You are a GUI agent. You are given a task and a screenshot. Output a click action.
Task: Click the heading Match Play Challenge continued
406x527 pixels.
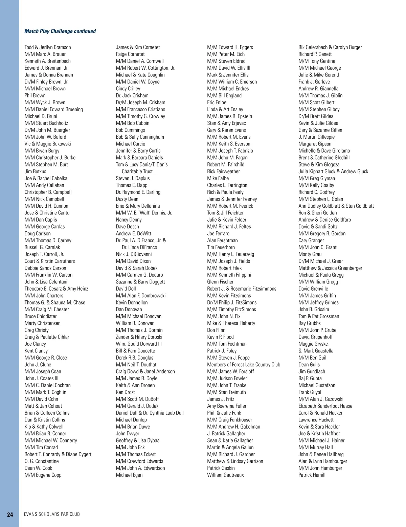(60, 31)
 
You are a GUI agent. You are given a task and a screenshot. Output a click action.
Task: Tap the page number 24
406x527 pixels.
(10, 514)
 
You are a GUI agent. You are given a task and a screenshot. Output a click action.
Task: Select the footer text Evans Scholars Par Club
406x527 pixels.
(52, 514)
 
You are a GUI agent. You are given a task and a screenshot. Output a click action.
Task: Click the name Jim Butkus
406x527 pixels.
(35, 171)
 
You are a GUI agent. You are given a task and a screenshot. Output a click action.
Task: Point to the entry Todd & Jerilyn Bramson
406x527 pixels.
(48, 47)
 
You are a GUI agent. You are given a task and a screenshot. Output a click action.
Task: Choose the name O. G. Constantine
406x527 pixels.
(42, 461)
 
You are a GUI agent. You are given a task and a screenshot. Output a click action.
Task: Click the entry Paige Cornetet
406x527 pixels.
(130, 54)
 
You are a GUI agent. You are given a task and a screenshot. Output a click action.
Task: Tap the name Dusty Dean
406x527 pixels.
(127, 199)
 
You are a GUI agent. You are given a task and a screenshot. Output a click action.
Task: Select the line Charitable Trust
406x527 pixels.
(137, 171)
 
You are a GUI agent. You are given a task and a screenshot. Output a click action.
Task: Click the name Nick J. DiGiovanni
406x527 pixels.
(134, 254)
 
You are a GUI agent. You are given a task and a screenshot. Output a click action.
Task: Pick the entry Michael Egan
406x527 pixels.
(129, 475)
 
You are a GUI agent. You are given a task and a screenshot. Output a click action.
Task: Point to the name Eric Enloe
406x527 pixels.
(217, 102)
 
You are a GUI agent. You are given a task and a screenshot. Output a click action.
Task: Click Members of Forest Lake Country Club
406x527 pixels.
(244, 365)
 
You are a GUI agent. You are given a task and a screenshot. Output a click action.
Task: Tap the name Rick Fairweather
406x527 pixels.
(223, 171)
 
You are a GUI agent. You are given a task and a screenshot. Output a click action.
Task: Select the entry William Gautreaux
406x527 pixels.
(225, 475)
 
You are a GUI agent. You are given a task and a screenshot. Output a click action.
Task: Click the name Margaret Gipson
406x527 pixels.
(315, 144)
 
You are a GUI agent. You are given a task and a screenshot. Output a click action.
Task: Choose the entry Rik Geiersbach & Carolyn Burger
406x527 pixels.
(330, 47)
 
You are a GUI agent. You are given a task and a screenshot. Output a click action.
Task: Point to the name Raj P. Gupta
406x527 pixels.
(310, 379)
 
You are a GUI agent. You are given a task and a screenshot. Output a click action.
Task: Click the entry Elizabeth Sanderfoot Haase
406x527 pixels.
(325, 406)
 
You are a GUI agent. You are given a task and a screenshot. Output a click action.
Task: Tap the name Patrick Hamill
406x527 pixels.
(312, 475)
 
